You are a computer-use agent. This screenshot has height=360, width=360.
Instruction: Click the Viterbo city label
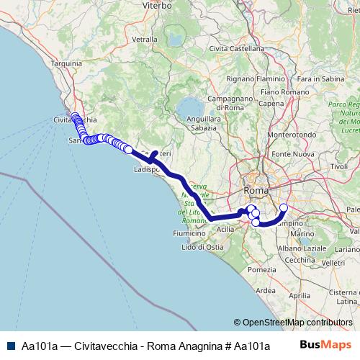click(158, 5)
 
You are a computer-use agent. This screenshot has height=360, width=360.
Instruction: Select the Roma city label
click(256, 190)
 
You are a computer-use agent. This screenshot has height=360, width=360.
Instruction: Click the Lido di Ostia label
click(201, 248)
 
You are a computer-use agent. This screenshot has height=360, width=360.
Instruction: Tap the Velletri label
click(335, 263)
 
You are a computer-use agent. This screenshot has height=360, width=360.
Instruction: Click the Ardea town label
click(265, 291)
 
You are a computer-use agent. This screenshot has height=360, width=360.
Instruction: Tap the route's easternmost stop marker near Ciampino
click(283, 208)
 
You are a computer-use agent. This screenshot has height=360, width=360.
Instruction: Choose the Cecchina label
click(300, 260)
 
